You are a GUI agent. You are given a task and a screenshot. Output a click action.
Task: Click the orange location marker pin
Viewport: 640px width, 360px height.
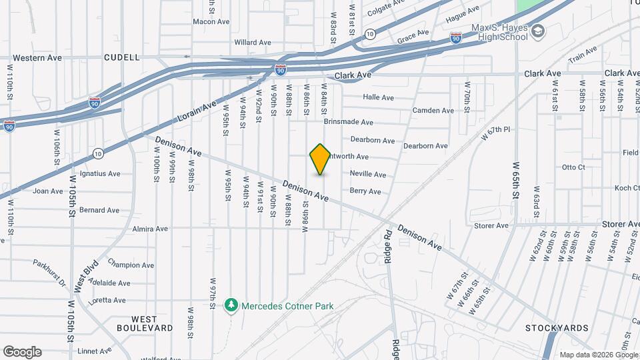click(321, 159)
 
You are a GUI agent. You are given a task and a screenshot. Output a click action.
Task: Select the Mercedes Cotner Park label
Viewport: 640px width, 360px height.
click(287, 306)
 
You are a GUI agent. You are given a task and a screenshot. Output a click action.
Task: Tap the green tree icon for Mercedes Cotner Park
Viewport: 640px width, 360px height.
click(231, 305)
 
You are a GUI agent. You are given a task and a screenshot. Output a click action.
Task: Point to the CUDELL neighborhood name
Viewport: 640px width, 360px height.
click(122, 58)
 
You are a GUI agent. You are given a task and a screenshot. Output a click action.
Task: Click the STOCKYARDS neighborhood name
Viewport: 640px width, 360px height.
click(557, 328)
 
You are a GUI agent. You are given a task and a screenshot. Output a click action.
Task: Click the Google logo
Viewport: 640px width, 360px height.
click(22, 351)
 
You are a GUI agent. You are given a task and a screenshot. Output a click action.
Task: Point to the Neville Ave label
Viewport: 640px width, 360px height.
click(368, 175)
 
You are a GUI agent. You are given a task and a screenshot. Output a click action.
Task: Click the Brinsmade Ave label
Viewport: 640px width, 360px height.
click(348, 122)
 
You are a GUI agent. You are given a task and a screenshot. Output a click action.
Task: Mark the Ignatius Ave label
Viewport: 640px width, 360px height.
click(100, 173)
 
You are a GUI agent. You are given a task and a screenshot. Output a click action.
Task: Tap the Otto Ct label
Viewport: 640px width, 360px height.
click(573, 167)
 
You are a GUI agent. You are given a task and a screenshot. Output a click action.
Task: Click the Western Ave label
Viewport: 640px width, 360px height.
click(37, 58)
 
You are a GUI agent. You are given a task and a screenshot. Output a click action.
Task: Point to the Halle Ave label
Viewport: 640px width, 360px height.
click(379, 97)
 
